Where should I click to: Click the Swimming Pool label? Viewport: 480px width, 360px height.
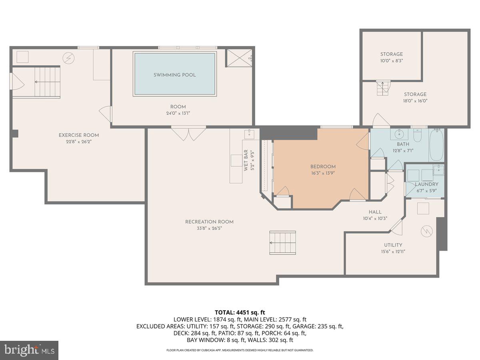tap(175, 75)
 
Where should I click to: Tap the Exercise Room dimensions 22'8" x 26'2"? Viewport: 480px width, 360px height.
tap(78, 141)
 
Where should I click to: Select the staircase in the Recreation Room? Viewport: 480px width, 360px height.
tap(282, 242)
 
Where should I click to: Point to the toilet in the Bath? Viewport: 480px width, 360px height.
tap(418, 136)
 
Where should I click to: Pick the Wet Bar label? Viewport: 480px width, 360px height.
tap(246, 160)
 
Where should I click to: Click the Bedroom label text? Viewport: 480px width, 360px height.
tap(323, 166)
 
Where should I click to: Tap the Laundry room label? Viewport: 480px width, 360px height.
tap(426, 184)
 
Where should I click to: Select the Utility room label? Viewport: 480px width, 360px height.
tap(393, 245)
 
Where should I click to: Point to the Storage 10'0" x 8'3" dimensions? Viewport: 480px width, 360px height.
tap(392, 61)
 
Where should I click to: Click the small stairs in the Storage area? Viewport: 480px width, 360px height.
tap(382, 88)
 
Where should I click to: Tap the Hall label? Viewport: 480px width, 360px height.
tap(375, 212)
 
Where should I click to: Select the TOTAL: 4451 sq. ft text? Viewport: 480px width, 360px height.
tap(240, 312)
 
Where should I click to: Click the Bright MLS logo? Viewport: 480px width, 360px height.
tap(29, 350)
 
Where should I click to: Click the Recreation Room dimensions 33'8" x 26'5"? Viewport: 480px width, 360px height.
tap(209, 228)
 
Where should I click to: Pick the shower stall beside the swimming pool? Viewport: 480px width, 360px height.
tap(240, 58)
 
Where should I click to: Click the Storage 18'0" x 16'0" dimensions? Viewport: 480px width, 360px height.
tap(414, 101)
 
